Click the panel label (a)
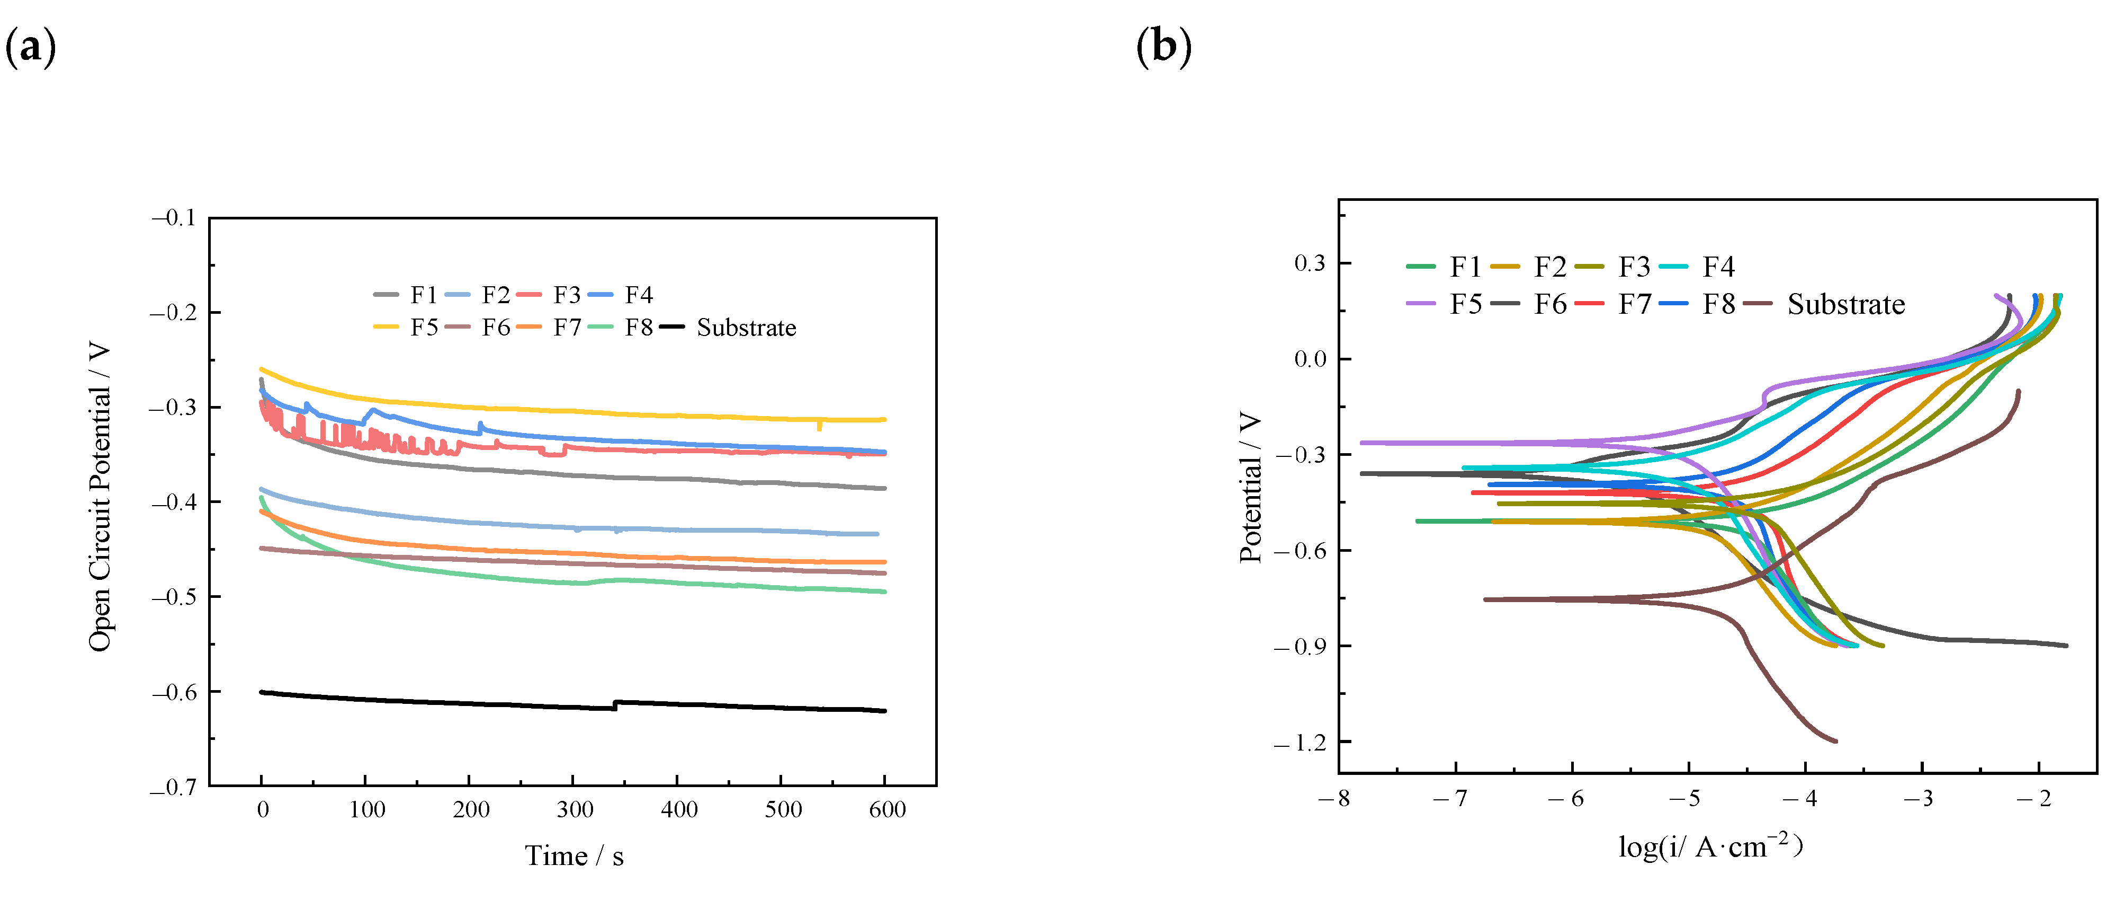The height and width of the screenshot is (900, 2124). pos(31,47)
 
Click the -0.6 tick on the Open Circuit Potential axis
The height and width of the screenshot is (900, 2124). pos(174,691)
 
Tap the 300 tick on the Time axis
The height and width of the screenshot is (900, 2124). pos(575,809)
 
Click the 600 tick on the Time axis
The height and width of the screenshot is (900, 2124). pos(887,809)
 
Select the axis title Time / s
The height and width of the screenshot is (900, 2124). pos(574,855)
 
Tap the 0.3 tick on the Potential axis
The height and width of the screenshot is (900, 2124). pos(1310,263)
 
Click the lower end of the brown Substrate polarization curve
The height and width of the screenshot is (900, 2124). pos(1835,741)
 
